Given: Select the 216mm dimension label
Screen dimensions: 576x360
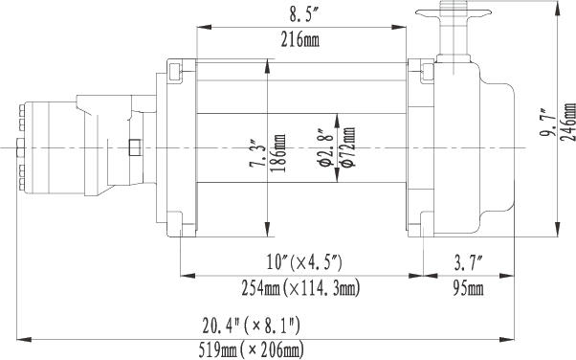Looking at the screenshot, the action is coord(300,39).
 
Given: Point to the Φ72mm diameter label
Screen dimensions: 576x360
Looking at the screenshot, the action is coord(348,147).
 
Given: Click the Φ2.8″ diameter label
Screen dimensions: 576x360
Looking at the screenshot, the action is coord(326,147).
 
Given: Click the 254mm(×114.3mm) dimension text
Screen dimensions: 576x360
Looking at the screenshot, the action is coord(300,288).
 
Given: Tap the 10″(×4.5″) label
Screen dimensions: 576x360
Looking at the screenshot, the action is coord(304,263).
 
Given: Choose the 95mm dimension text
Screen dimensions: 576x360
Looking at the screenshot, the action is coord(468,288).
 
